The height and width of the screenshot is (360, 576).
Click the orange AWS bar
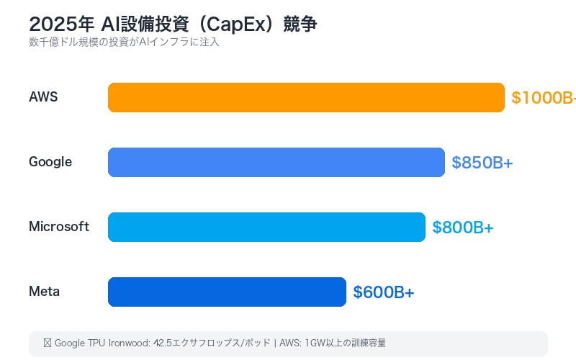pyautogui.click(x=306, y=97)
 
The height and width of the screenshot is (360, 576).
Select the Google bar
pyautogui.click(x=276, y=162)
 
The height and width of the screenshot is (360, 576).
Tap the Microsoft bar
pyautogui.click(x=266, y=227)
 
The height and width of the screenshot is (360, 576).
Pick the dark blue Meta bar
pyautogui.click(x=227, y=292)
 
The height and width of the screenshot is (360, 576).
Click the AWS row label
pyautogui.click(x=43, y=97)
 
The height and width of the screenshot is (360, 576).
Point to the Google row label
pyautogui.click(x=50, y=162)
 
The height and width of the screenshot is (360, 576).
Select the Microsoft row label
pyautogui.click(x=59, y=227)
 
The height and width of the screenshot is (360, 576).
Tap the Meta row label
pyautogui.click(x=44, y=292)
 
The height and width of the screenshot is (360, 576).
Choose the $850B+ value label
pyautogui.click(x=482, y=163)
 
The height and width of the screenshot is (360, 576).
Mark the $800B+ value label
pyautogui.click(x=462, y=228)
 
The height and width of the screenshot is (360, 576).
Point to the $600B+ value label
pyautogui.click(x=383, y=292)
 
